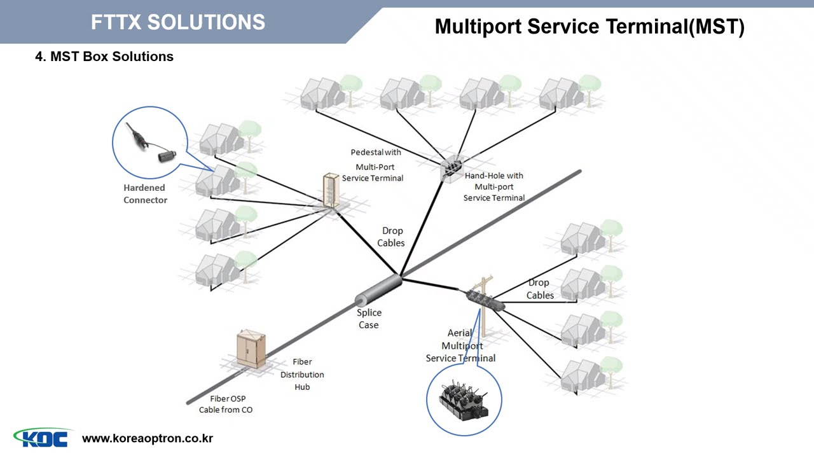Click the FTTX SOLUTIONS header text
[x=178, y=22]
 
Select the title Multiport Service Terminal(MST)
[x=589, y=27]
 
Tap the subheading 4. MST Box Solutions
[x=104, y=57]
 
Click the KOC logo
[x=42, y=438]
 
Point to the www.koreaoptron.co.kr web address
[x=148, y=438]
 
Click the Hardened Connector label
[x=145, y=194]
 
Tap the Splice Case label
[x=369, y=319]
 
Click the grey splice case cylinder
[x=378, y=291]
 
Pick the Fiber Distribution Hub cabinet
[x=251, y=348]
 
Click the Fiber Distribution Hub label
[x=302, y=375]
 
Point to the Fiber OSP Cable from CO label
[x=226, y=405]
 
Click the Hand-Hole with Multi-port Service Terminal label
[x=494, y=186]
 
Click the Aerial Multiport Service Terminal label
[x=461, y=346]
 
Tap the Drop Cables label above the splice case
[x=392, y=237]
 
